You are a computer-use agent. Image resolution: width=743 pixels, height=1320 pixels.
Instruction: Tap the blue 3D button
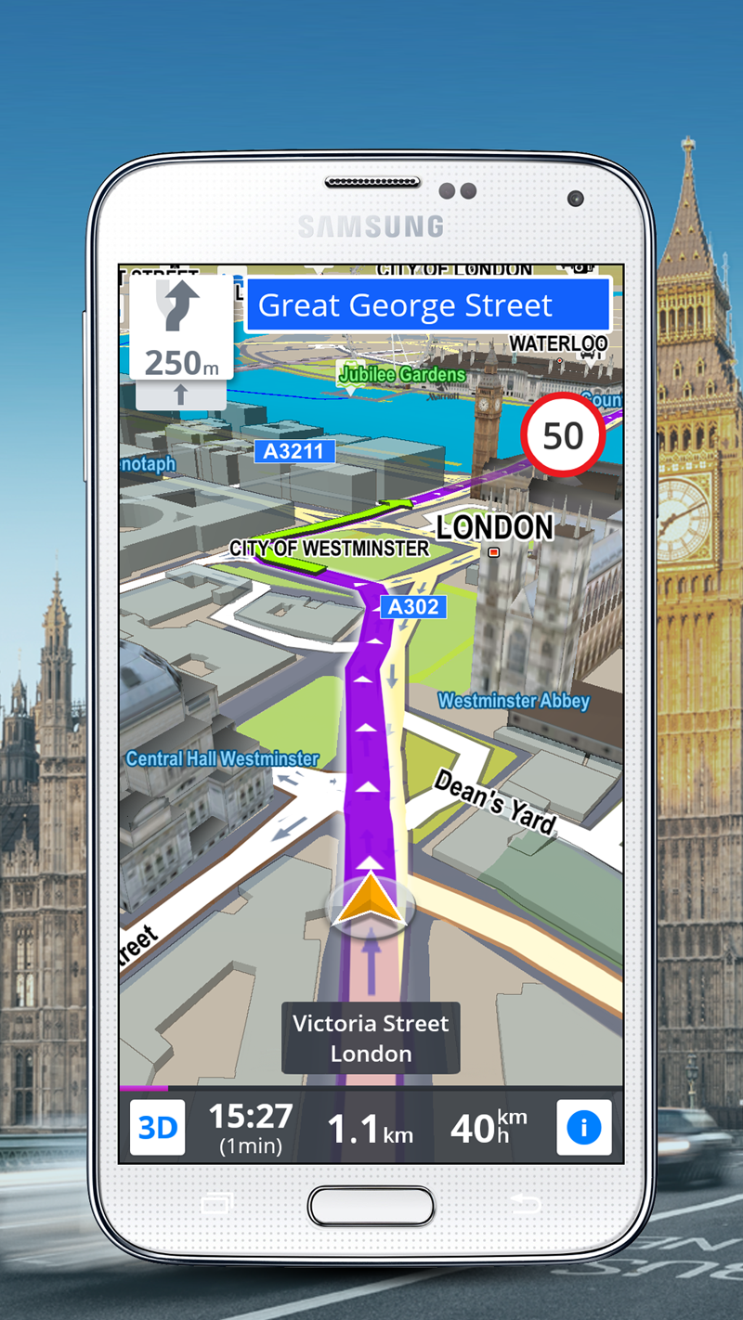(x=157, y=1127)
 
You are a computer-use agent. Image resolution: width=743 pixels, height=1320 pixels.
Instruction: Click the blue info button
(x=583, y=1127)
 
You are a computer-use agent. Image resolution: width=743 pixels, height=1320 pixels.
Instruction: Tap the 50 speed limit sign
(x=563, y=435)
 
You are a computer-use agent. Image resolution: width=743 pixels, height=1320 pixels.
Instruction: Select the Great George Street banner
(x=427, y=305)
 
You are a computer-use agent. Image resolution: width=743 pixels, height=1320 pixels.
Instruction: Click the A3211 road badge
(x=293, y=451)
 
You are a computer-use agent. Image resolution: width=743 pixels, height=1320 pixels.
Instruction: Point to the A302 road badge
(x=413, y=607)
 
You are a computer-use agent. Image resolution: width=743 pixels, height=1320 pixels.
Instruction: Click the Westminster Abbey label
(x=514, y=701)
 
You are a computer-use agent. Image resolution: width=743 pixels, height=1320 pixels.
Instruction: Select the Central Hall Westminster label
(x=222, y=758)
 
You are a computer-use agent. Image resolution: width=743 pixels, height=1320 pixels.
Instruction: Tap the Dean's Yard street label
(x=495, y=801)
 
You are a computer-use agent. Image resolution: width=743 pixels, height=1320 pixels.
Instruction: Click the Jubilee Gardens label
(x=401, y=374)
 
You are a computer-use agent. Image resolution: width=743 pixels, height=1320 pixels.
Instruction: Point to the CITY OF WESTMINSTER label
(x=330, y=548)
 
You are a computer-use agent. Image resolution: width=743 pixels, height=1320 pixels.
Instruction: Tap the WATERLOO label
(x=558, y=343)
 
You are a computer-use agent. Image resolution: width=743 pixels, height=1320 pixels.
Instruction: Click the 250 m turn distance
(x=181, y=363)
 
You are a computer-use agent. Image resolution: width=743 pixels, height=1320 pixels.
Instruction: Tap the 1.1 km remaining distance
(x=370, y=1129)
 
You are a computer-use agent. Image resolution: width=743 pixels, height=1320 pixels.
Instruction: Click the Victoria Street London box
(x=371, y=1038)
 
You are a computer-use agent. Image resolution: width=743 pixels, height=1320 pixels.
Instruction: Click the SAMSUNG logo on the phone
(x=371, y=226)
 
